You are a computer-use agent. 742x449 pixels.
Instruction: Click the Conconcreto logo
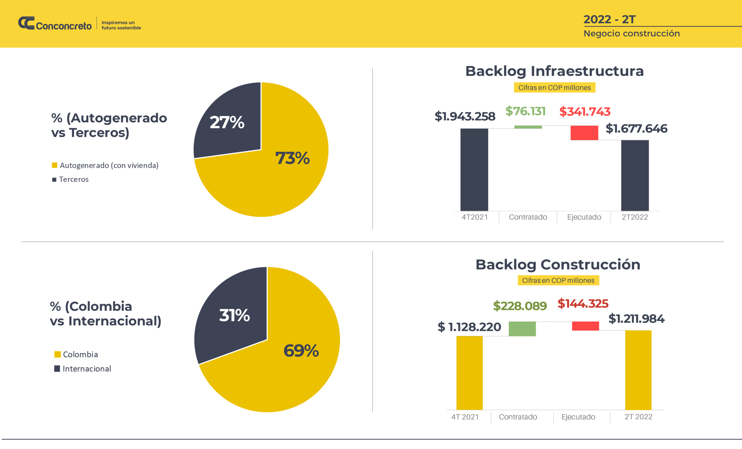point(55,23)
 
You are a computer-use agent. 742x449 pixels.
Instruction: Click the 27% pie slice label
point(227,122)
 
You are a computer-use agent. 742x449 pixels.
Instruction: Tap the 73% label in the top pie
point(292,158)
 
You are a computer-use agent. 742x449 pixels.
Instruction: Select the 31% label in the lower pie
point(234,315)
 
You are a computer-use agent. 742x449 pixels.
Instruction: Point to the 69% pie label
point(301,351)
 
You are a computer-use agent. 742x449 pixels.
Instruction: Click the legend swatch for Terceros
point(54,180)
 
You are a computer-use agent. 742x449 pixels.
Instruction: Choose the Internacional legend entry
point(87,369)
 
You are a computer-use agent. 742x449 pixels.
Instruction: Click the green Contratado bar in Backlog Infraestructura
point(528,127)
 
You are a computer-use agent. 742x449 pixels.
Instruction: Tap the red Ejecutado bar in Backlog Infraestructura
point(584,133)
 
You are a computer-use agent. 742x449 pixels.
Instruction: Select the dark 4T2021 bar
point(474,170)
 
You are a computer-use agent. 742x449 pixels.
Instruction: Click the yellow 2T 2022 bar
point(638,370)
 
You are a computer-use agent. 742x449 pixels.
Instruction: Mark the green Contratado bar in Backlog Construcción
point(522,328)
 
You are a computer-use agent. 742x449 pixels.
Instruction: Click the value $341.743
point(585,112)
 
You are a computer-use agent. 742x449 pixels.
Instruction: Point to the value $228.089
point(520,306)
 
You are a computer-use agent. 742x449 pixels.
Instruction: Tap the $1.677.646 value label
point(636,129)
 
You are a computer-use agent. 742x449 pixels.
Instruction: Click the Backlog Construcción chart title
point(558,265)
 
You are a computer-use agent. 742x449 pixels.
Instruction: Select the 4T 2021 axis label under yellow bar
point(465,417)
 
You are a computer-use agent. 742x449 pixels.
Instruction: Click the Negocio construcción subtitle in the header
point(632,33)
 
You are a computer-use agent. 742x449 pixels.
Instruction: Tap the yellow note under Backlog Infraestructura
point(554,88)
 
